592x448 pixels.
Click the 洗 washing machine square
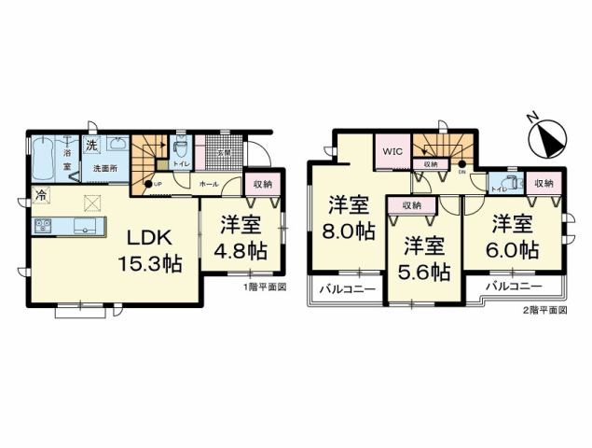[91, 145]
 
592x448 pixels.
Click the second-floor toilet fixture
[507, 183]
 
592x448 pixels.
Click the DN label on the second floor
[462, 175]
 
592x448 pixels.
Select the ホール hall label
[210, 184]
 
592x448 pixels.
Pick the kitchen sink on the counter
[85, 227]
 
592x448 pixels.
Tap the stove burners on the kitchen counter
[45, 227]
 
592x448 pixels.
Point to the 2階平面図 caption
[544, 309]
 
